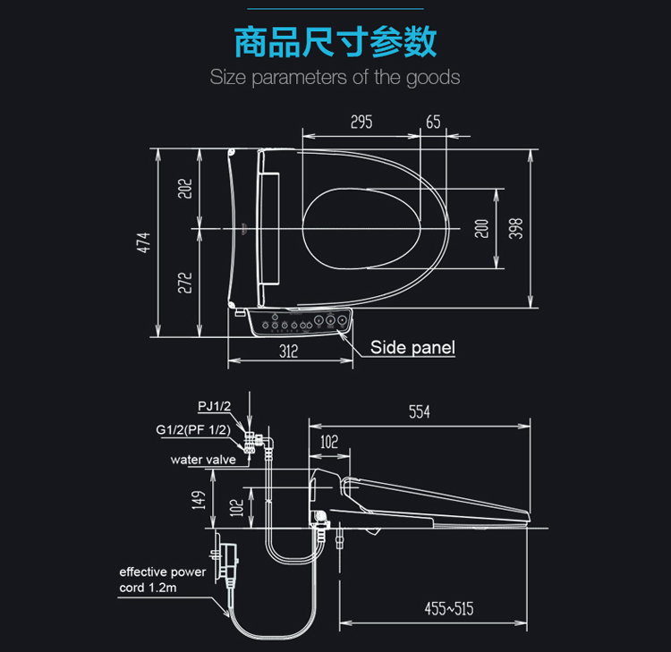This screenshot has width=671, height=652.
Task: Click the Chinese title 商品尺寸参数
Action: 335,41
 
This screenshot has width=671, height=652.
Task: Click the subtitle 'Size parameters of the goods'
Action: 335,77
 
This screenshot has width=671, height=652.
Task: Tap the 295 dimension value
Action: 361,123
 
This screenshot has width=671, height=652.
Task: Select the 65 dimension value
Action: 433,123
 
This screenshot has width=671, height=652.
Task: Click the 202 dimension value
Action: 185,189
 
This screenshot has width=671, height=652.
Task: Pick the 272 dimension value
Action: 185,283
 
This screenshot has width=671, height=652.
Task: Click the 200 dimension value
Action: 482,228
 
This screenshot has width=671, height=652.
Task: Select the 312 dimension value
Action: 287,351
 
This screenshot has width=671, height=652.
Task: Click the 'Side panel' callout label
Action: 412,348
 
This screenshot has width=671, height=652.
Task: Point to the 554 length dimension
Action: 419,412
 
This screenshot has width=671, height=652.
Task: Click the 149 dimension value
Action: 199,498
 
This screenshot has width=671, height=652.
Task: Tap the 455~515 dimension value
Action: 448,610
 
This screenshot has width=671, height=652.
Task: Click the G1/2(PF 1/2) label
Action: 193,430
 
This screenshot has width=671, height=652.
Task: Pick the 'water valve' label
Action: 203,460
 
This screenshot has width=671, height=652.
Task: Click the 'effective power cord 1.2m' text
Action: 162,580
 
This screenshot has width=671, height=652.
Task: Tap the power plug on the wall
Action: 229,560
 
